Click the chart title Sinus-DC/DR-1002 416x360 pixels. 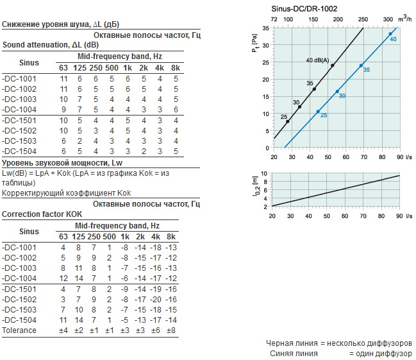coord(304,9)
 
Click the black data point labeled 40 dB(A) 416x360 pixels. coord(333,65)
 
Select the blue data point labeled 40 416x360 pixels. coord(390,34)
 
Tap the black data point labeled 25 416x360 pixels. coord(288,122)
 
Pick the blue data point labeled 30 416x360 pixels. coord(337,91)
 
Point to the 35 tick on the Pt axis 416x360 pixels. coord(265,28)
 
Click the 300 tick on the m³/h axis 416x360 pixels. coord(388,19)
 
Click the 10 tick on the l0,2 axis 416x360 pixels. coord(264,174)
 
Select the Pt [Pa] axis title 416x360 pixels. coord(254,43)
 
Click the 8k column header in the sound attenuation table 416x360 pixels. coord(176,68)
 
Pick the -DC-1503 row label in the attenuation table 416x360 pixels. coord(19,141)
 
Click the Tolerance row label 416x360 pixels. coord(19,330)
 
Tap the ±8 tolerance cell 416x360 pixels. coord(171,330)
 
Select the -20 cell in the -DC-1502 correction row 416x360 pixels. coord(156,300)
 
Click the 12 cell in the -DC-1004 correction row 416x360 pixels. coord(63,279)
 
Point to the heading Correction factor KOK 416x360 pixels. coord(42,214)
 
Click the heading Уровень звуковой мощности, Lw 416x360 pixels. coord(62,162)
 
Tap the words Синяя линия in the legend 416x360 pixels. coord(294,354)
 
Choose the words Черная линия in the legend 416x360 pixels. coord(292,343)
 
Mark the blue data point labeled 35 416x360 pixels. coord(361,65)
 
